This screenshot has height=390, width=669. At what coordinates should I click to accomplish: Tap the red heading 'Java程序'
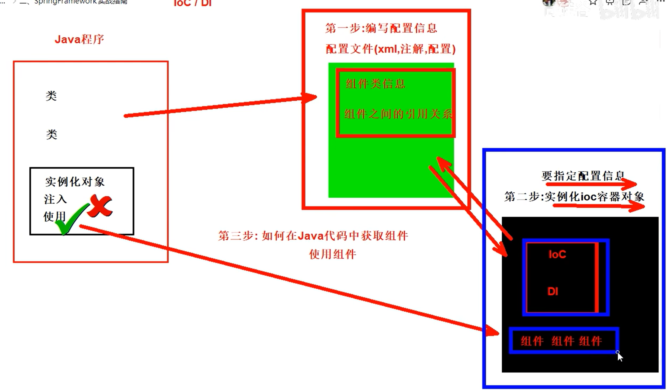pyautogui.click(x=79, y=39)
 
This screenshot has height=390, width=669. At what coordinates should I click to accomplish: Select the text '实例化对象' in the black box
pyautogui.click(x=75, y=182)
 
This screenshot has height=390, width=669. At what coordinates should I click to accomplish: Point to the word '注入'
pyautogui.click(x=55, y=199)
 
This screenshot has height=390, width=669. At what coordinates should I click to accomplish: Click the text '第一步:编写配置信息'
pyautogui.click(x=381, y=28)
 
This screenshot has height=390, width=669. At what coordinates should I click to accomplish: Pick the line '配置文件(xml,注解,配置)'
pyautogui.click(x=391, y=49)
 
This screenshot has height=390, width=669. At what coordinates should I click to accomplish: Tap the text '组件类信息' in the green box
pyautogui.click(x=375, y=84)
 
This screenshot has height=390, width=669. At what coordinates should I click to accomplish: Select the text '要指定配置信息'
pyautogui.click(x=583, y=176)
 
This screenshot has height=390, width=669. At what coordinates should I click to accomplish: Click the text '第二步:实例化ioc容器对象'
pyautogui.click(x=574, y=197)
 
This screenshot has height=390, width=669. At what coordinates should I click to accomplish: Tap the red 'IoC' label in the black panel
pyautogui.click(x=557, y=254)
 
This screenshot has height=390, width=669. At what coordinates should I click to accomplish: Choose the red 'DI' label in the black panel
pyautogui.click(x=553, y=292)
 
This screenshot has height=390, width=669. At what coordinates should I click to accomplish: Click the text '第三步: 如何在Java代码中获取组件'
pyautogui.click(x=313, y=236)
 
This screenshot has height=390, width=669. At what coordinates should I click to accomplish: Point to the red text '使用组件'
pyautogui.click(x=332, y=254)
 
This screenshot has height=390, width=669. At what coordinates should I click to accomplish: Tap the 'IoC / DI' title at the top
pyautogui.click(x=193, y=3)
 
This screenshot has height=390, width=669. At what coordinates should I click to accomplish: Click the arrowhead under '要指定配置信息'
pyautogui.click(x=631, y=183)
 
